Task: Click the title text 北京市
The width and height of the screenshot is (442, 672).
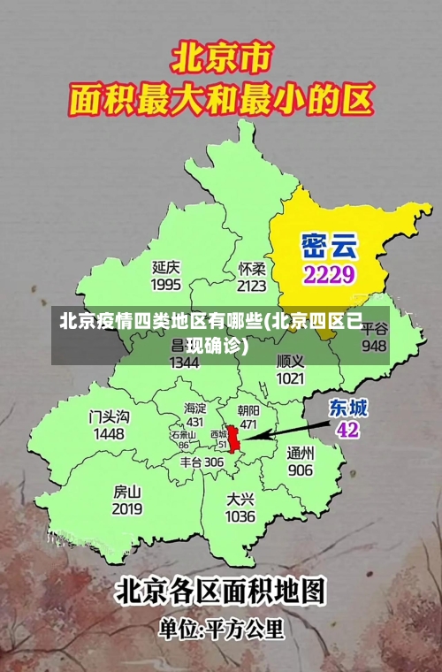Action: pos(221,60)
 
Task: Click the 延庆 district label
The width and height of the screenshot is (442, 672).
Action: pos(166,266)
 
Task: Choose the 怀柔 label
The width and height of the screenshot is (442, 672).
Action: pos(252,267)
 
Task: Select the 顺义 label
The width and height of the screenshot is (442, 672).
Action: pos(290,361)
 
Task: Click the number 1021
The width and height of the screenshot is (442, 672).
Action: pos(290,378)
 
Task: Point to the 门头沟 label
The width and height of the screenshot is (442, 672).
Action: pos(110,416)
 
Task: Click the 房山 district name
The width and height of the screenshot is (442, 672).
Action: pos(127,491)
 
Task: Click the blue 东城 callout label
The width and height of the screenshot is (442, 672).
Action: pos(348,408)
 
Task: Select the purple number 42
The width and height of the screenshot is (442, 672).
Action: pos(347,430)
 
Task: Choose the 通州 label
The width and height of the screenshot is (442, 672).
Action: pos(300,453)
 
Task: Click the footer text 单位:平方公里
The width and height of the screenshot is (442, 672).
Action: pos(221,630)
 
